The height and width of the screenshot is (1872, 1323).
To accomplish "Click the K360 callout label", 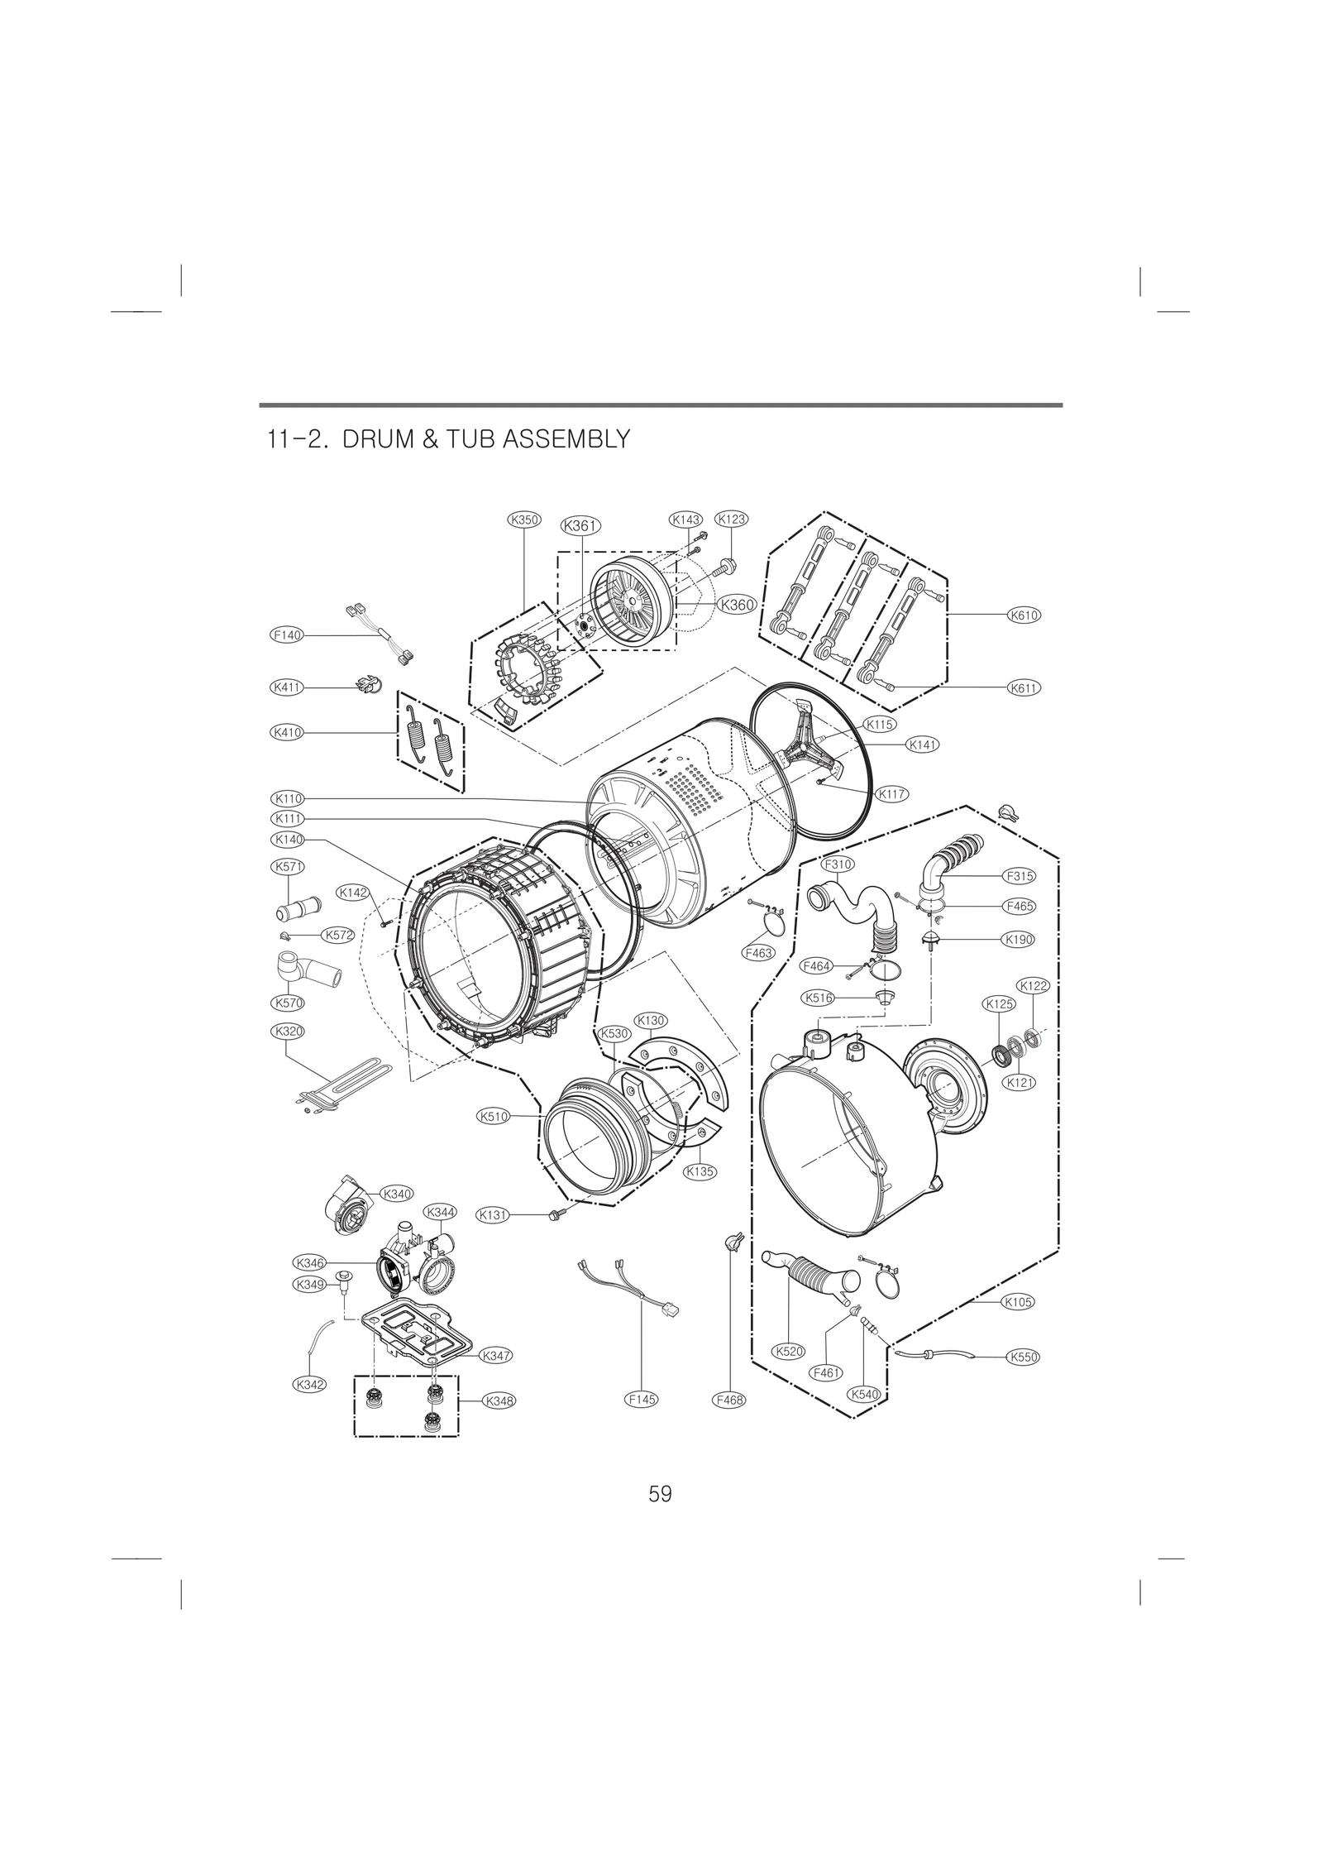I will pyautogui.click(x=738, y=605).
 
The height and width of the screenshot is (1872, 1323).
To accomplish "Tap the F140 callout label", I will pyautogui.click(x=288, y=635).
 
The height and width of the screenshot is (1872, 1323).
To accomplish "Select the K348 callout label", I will pyautogui.click(x=499, y=1400).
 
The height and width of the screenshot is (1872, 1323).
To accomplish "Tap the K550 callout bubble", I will pyautogui.click(x=1024, y=1357).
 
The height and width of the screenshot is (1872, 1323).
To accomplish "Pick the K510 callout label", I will pyautogui.click(x=494, y=1116).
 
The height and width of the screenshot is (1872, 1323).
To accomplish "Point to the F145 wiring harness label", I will pyautogui.click(x=642, y=1400).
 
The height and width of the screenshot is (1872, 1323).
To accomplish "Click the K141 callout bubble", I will pyautogui.click(x=923, y=744).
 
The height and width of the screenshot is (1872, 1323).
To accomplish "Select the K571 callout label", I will pyautogui.click(x=288, y=867).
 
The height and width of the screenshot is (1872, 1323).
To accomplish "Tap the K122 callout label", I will pyautogui.click(x=1034, y=985).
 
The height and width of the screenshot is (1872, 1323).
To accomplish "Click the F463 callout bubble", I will pyautogui.click(x=757, y=953).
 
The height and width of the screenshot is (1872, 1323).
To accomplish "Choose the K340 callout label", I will pyautogui.click(x=398, y=1193).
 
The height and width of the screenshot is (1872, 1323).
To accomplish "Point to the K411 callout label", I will pyautogui.click(x=288, y=687).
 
